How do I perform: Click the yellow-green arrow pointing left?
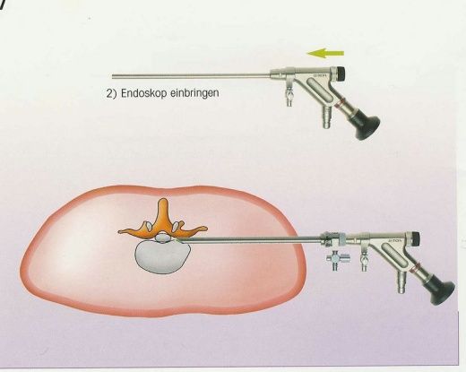pos(325,54)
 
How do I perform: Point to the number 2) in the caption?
pos(111,93)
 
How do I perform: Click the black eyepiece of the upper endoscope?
pos(367,126)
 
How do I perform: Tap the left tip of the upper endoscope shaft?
pos(113,76)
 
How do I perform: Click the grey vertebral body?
pos(162,256)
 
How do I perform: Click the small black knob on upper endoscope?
pos(341,73)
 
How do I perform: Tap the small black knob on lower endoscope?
pos(416,238)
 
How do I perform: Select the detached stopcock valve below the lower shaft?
pos(338,259)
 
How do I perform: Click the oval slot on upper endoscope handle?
pos(320,91)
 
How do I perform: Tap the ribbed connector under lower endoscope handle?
pos(401,282)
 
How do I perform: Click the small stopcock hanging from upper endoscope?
pos(289,95)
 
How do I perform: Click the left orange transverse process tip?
pos(122,231)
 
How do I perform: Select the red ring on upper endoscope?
pos(339,104)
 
